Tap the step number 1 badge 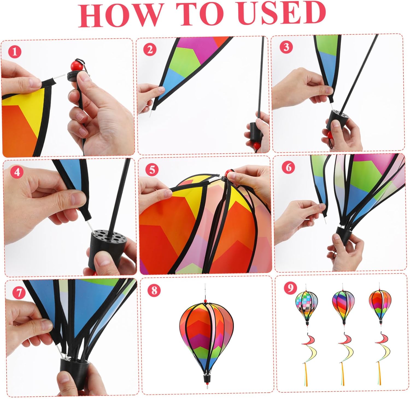[x=14, y=51]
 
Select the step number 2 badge [x=150, y=50]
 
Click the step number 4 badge [x=17, y=172]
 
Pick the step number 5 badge [x=152, y=170]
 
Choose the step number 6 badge [x=289, y=167]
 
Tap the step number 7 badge [x=19, y=293]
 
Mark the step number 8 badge [x=154, y=290]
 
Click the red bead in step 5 [x=229, y=173]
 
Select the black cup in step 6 [x=345, y=234]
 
